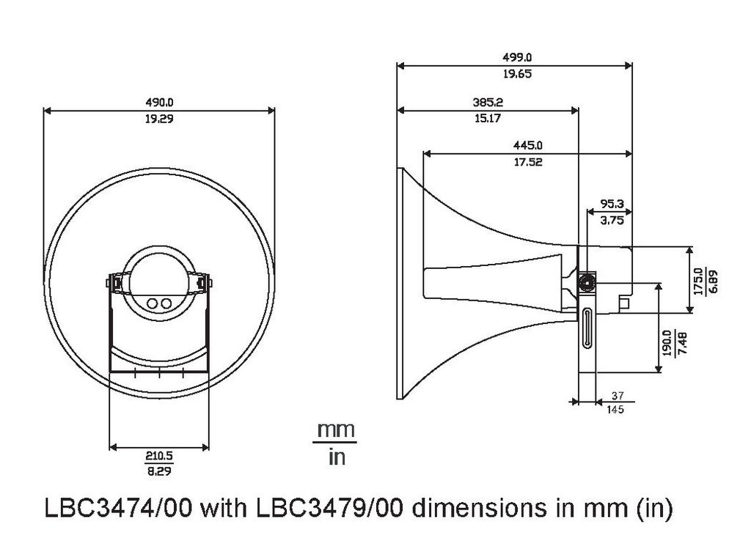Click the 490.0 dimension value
(159, 102)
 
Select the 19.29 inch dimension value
(159, 118)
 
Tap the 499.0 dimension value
(517, 57)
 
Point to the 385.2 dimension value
(488, 102)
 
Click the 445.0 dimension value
(528, 145)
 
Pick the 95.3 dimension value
(612, 204)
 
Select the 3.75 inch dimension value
(612, 220)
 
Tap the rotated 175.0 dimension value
(697, 281)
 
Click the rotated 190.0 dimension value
(666, 343)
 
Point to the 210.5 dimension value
(159, 456)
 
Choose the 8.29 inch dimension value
(159, 471)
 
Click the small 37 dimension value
(618, 396)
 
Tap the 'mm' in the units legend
(336, 430)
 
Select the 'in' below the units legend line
(337, 457)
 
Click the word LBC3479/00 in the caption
(329, 508)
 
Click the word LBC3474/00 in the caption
(118, 508)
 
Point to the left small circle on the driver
(153, 303)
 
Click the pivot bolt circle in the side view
(586, 282)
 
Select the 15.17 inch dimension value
(488, 118)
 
